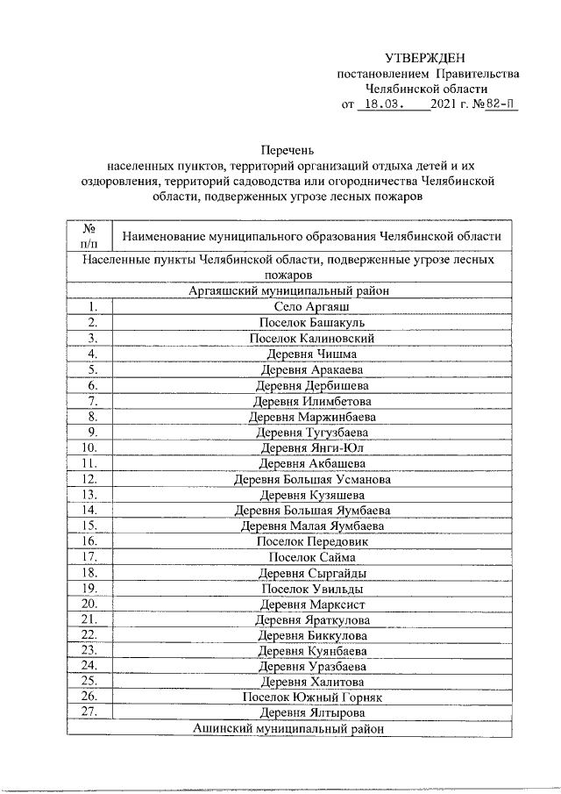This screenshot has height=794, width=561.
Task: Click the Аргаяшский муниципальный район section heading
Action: pyautogui.click(x=288, y=291)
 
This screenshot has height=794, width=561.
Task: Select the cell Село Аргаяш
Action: pyautogui.click(x=312, y=307)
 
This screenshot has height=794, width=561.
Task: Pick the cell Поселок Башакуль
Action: pyautogui.click(x=312, y=323)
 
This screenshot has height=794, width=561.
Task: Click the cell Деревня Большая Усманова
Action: pyautogui.click(x=312, y=480)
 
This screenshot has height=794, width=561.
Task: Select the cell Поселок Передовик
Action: pyautogui.click(x=312, y=542)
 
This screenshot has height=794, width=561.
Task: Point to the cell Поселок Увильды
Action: pyautogui.click(x=312, y=589)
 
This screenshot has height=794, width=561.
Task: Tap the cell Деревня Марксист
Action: pyautogui.click(x=312, y=604)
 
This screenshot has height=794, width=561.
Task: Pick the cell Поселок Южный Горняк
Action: pyautogui.click(x=312, y=697)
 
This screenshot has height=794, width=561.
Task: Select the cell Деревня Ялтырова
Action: pyautogui.click(x=312, y=713)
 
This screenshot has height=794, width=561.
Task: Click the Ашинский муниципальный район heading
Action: pyautogui.click(x=288, y=729)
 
